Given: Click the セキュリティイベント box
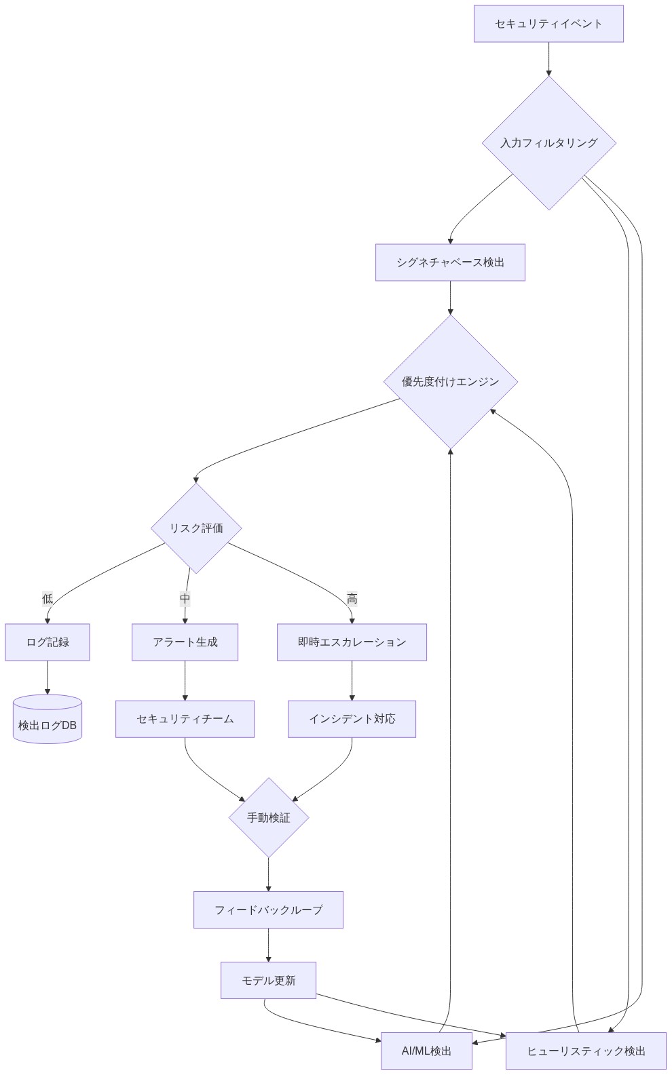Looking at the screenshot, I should (548, 24).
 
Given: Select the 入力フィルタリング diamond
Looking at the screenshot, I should (548, 143).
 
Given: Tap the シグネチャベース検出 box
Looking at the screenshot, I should (450, 262).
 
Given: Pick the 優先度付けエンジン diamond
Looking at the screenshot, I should (450, 382).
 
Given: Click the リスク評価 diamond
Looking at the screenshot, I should (196, 528).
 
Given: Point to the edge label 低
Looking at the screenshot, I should (48, 598).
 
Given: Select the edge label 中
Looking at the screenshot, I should (185, 598).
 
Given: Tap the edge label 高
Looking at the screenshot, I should (352, 598).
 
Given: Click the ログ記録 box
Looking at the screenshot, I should (48, 642).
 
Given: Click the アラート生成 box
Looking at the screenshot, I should (185, 642).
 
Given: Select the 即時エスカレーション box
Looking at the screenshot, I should (352, 642).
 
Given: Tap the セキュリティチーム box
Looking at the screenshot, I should (185, 719).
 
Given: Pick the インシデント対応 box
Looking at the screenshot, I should (352, 719).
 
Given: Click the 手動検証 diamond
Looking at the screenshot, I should (269, 818).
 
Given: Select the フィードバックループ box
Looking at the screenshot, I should (268, 910).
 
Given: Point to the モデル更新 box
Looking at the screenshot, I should (268, 981).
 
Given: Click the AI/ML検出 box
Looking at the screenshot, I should (426, 1051).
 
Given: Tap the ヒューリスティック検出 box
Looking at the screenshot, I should (586, 1051).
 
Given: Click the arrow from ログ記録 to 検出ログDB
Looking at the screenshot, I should (48, 677).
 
